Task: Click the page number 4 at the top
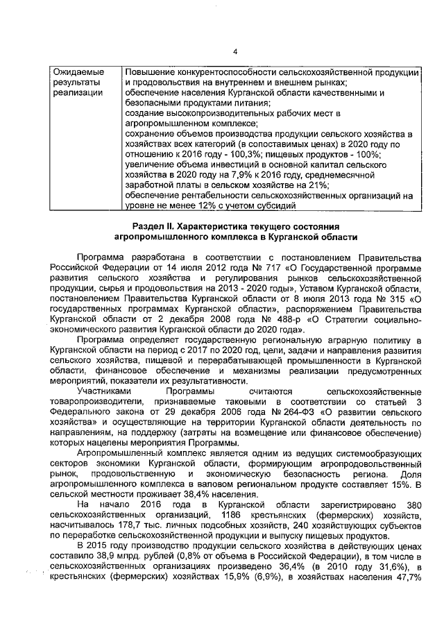(x=234, y=51)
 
